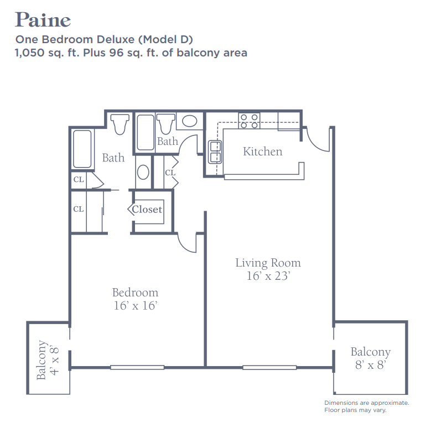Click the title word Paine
click(43, 20)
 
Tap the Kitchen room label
click(262, 152)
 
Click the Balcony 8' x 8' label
click(371, 358)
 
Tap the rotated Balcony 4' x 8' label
click(48, 360)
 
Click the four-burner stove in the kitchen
click(249, 121)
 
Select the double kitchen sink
click(215, 152)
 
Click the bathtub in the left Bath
click(82, 149)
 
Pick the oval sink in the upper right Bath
click(190, 121)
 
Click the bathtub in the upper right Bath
click(146, 132)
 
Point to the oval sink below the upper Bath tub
click(143, 172)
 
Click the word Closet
click(147, 209)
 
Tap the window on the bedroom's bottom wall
click(137, 367)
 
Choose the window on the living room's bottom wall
click(269, 367)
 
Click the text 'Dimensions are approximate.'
click(366, 403)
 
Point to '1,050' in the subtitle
click(30, 53)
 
